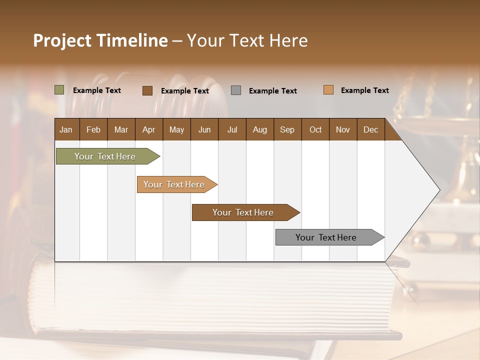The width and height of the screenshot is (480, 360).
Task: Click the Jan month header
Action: pyautogui.click(x=66, y=129)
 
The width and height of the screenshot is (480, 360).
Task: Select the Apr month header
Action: pyautogui.click(x=149, y=129)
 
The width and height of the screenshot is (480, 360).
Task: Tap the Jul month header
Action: pyautogui.click(x=232, y=129)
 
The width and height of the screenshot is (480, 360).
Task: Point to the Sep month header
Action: pyautogui.click(x=287, y=129)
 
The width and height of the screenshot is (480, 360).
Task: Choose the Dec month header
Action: pyautogui.click(x=370, y=129)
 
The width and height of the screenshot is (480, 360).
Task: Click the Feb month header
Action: pyautogui.click(x=93, y=129)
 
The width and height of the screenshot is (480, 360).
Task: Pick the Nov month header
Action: pyautogui.click(x=343, y=129)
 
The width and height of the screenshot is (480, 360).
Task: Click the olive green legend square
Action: pyautogui.click(x=59, y=90)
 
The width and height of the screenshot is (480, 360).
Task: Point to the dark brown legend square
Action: pyautogui.click(x=147, y=90)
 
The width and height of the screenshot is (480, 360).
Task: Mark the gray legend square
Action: pyautogui.click(x=236, y=90)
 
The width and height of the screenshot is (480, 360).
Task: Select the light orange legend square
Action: pyautogui.click(x=328, y=90)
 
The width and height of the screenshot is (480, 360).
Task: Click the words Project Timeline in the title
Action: pyautogui.click(x=100, y=40)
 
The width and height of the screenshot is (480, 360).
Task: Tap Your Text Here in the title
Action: pyautogui.click(x=247, y=40)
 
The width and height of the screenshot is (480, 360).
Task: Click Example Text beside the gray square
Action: pyautogui.click(x=272, y=91)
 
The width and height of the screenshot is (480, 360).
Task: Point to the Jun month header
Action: pyautogui.click(x=204, y=129)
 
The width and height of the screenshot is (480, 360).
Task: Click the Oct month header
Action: pyautogui.click(x=315, y=129)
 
